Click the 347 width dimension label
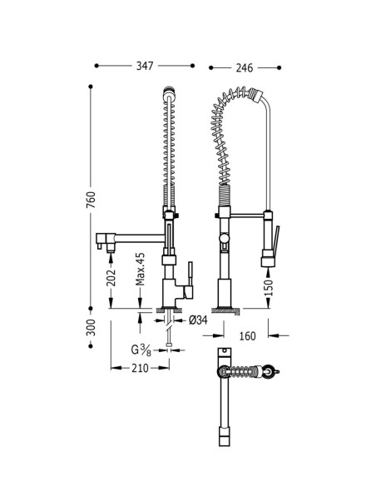pos(145,66)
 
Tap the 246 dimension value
pos(245,67)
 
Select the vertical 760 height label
pos(91,200)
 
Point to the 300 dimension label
pos(91,327)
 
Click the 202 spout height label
pos(111,278)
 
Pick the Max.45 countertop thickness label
pos(141,269)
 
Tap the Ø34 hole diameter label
pos(198,320)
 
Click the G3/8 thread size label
pos(141,350)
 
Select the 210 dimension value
pos(140,368)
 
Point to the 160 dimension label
pos(247,335)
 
